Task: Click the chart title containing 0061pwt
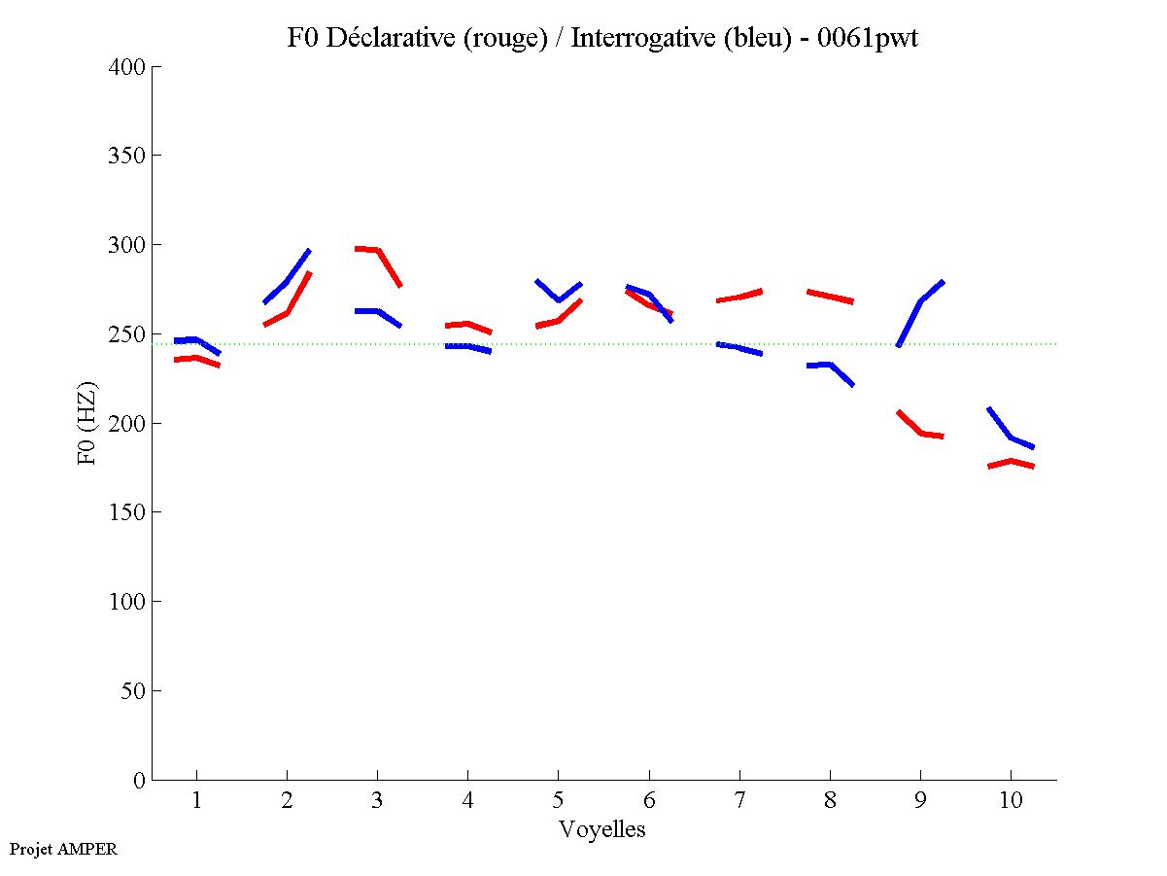(x=602, y=38)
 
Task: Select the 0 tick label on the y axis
(x=140, y=780)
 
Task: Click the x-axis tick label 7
(x=739, y=801)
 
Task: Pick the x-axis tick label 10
(x=1011, y=801)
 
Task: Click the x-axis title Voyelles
(x=602, y=830)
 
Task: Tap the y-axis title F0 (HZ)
(x=88, y=423)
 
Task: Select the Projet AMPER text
(x=63, y=849)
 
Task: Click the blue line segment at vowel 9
(x=920, y=301)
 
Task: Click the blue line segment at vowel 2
(x=287, y=281)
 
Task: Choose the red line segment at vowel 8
(x=830, y=296)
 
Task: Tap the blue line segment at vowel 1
(x=197, y=339)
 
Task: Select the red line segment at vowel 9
(x=920, y=432)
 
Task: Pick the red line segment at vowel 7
(x=739, y=296)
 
